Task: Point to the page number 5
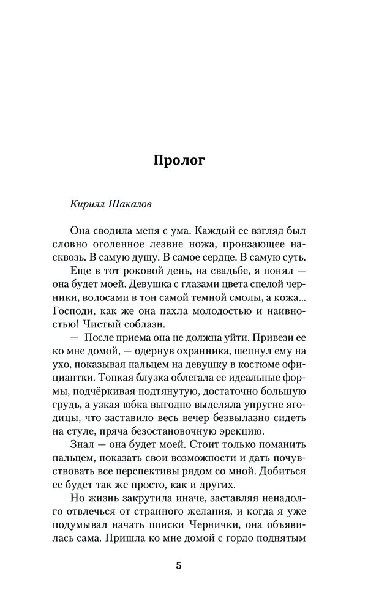(179, 565)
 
